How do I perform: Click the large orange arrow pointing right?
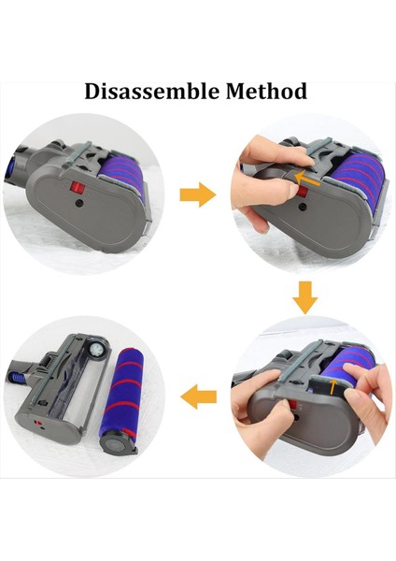tap(197, 195)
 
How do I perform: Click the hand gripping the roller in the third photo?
tap(364, 411)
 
